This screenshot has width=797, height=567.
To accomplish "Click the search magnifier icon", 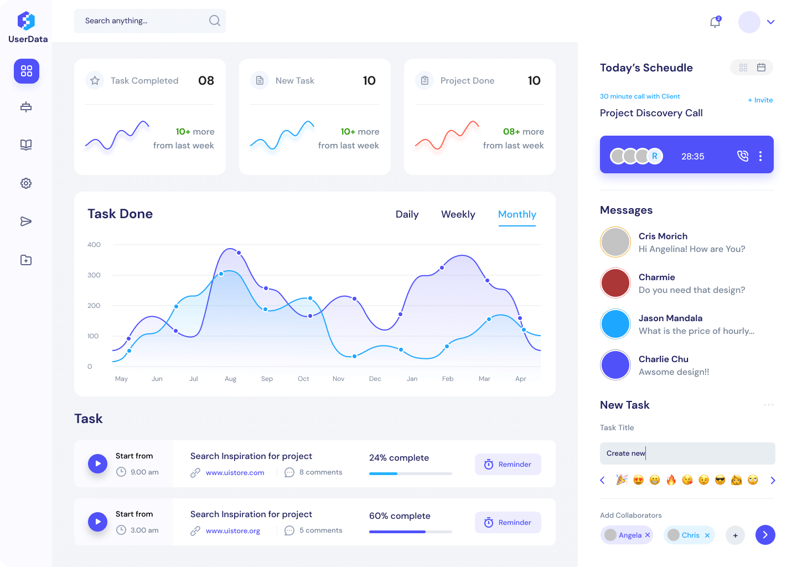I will tap(215, 21).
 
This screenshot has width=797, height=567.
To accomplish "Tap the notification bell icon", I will tap(715, 22).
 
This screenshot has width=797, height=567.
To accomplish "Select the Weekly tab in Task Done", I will tap(458, 214).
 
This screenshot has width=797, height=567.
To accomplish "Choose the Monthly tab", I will tap(517, 214).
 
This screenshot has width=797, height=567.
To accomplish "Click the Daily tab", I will tap(407, 214).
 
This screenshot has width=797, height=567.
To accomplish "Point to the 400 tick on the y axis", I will tap(94, 245).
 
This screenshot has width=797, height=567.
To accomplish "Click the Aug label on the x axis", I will tap(230, 379).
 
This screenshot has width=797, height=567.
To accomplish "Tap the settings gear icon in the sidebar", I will tap(26, 183).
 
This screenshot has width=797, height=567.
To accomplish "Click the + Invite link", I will tap(760, 100).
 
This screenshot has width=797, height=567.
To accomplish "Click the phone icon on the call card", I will tap(743, 156).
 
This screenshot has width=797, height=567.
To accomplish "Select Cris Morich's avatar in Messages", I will tap(615, 242).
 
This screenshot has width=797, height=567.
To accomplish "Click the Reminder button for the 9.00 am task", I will tap(508, 464).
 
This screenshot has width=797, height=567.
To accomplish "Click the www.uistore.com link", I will tap(235, 473).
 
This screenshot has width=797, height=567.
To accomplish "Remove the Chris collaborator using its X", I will tap(707, 535).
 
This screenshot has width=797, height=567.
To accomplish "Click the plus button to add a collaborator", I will tap(735, 535).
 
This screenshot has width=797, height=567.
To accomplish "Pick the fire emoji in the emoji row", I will tap(671, 480).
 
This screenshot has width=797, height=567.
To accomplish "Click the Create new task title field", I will tap(687, 453).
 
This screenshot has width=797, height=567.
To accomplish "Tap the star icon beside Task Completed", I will tap(95, 81).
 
